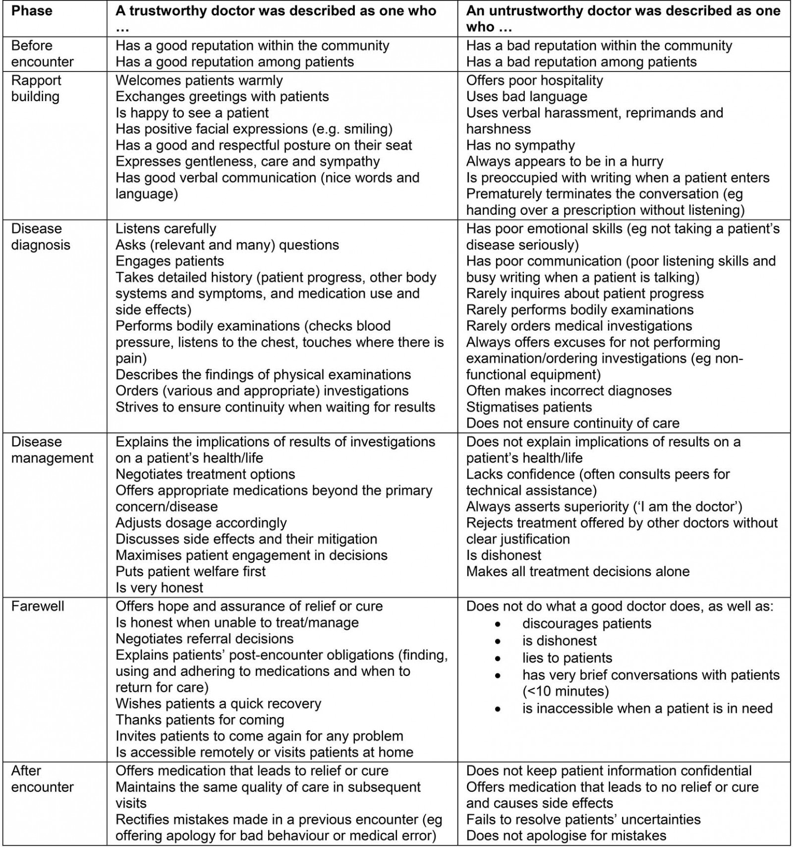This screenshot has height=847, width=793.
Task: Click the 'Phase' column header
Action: [x=32, y=10]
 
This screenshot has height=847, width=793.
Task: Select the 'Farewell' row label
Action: [x=38, y=606]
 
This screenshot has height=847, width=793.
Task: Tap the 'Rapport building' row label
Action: [x=36, y=88]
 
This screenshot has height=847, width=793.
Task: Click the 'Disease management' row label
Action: [x=52, y=450]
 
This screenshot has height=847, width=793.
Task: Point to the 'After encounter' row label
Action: [x=42, y=779]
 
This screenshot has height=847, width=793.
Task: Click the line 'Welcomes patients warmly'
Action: [x=199, y=80]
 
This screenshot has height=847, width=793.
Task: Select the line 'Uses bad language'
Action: [x=526, y=96]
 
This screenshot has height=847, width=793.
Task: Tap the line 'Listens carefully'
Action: [x=166, y=229]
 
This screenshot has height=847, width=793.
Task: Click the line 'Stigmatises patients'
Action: [x=529, y=407]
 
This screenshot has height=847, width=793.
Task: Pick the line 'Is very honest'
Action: [x=159, y=588]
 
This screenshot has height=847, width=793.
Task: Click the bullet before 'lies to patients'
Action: [x=498, y=658]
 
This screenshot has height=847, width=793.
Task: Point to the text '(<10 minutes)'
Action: [x=565, y=691]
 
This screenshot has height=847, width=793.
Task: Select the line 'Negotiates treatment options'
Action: [x=205, y=474]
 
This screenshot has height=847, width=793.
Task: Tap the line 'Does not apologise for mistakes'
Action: [x=566, y=836]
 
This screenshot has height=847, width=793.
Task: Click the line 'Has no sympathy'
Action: [x=520, y=145]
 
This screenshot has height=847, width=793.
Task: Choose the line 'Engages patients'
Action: [x=170, y=261]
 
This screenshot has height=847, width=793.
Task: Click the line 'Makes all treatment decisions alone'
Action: [x=577, y=571]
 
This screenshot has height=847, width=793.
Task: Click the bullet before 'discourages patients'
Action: [x=498, y=624]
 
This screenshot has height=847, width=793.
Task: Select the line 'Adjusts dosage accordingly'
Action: [x=201, y=523]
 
